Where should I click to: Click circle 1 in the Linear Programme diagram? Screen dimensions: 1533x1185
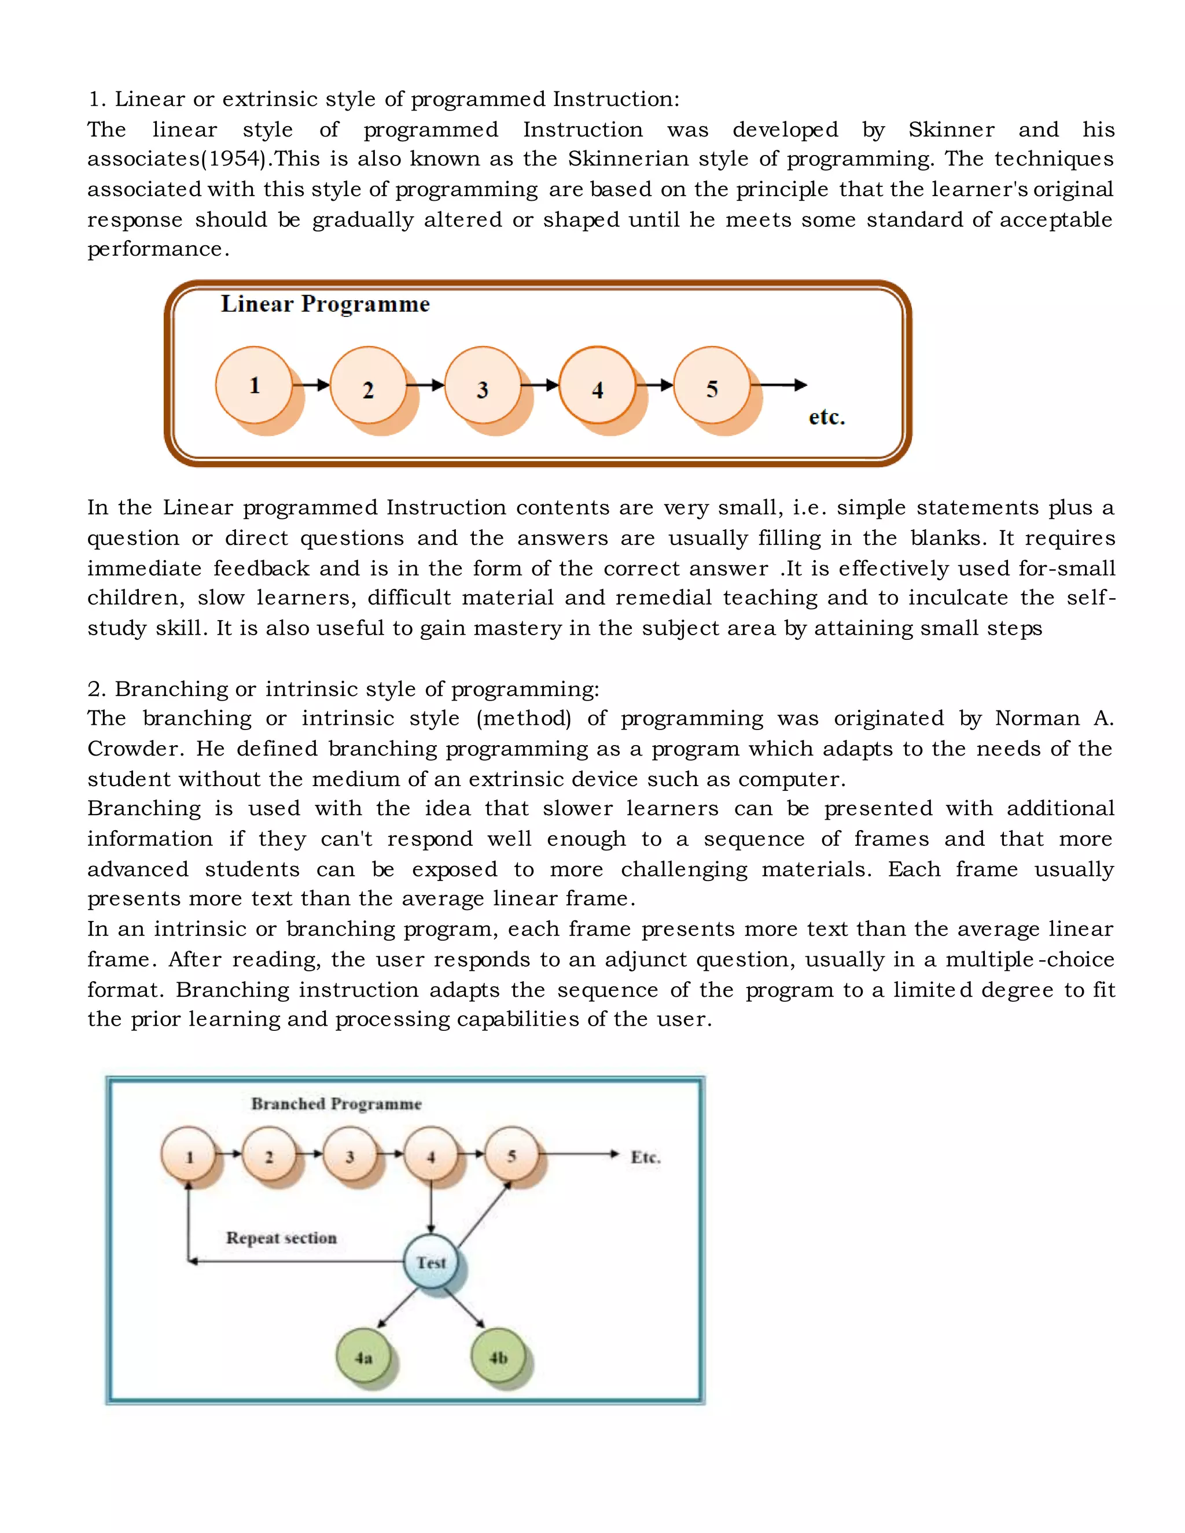tap(253, 385)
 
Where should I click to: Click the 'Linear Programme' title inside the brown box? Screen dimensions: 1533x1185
tap(325, 304)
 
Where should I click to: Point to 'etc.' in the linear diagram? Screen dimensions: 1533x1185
tap(826, 417)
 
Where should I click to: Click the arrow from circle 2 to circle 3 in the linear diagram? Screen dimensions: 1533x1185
tap(425, 385)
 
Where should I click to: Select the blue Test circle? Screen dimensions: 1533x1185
tap(431, 1261)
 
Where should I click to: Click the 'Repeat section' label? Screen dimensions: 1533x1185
tap(281, 1237)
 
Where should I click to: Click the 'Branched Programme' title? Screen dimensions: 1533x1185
tap(336, 1104)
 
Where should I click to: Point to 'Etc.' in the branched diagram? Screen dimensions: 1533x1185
tap(645, 1157)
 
